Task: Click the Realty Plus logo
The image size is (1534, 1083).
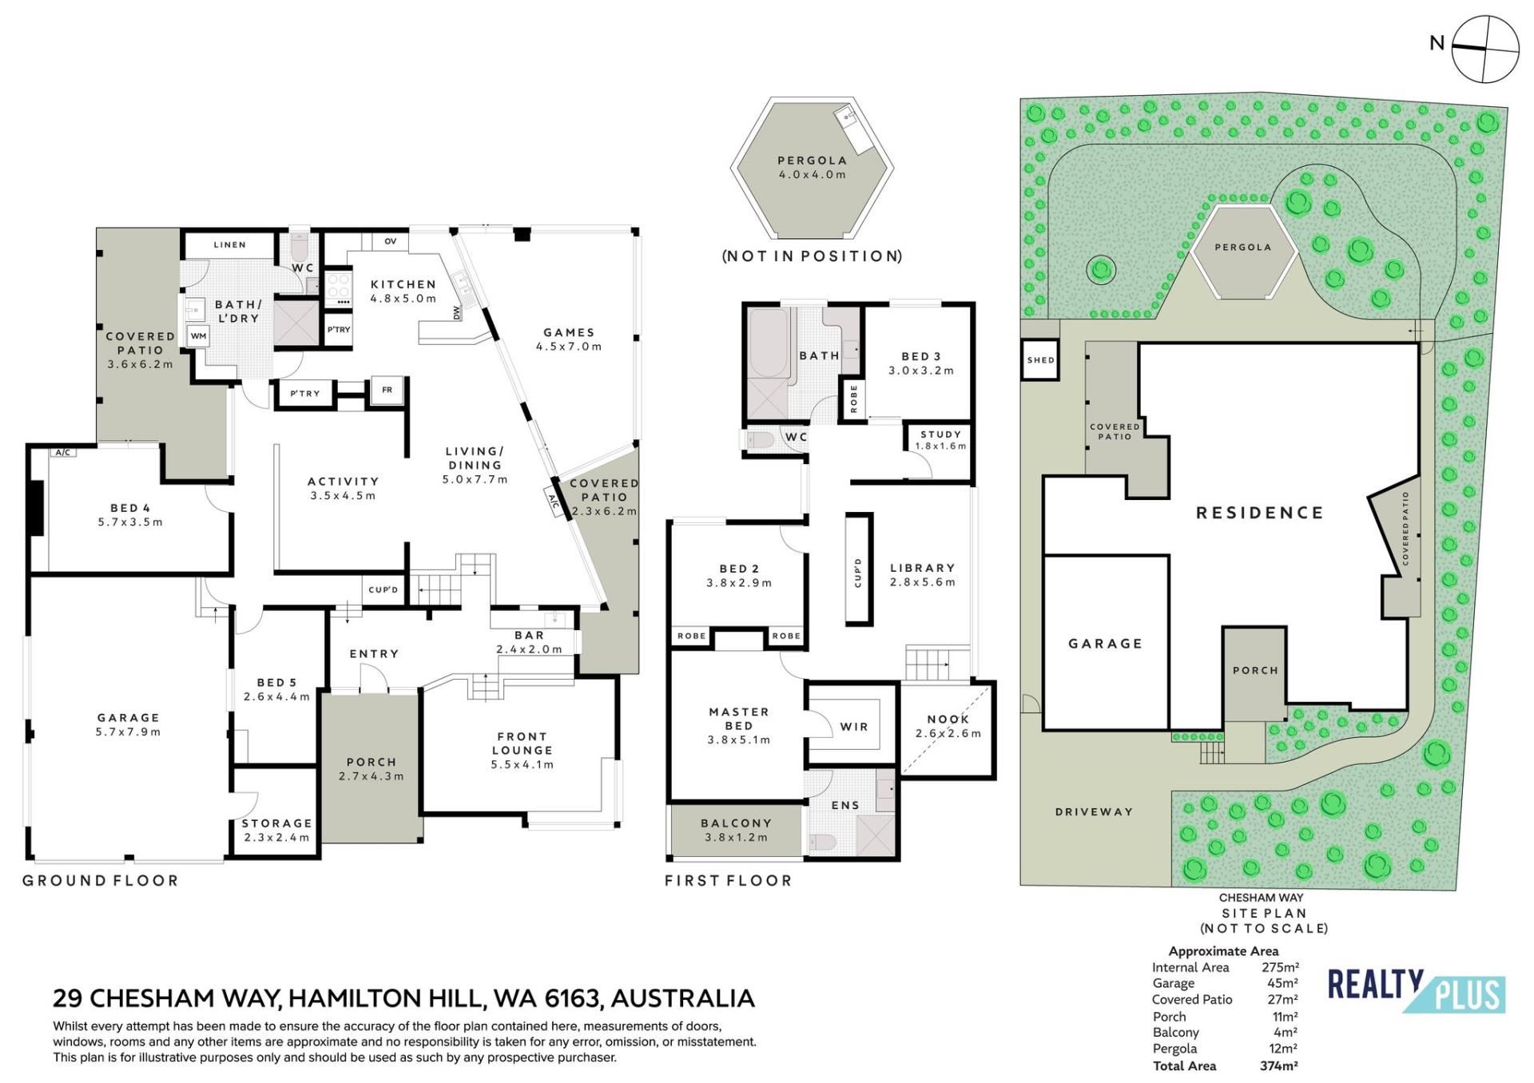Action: pos(1416,991)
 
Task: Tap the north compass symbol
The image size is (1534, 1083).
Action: pos(1484,48)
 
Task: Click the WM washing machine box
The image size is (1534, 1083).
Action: pos(199,335)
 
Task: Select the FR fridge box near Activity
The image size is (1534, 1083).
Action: pos(387,390)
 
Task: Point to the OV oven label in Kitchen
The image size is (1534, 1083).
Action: pos(391,241)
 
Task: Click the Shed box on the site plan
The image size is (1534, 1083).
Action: pos(1040,359)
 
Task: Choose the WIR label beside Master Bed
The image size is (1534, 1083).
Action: pos(854,727)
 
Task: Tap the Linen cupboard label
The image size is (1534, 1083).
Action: pos(230,244)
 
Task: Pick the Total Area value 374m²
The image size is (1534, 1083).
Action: pos(1278,1065)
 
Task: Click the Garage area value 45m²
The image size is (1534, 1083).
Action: pos(1282,983)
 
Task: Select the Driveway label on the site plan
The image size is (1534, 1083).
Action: pos(1094,811)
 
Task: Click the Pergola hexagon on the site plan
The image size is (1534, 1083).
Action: pos(1242,252)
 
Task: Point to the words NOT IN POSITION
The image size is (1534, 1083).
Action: pos(813,256)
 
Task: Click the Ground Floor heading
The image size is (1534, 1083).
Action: pos(101,880)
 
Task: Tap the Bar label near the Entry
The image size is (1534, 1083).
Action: pos(529,636)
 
